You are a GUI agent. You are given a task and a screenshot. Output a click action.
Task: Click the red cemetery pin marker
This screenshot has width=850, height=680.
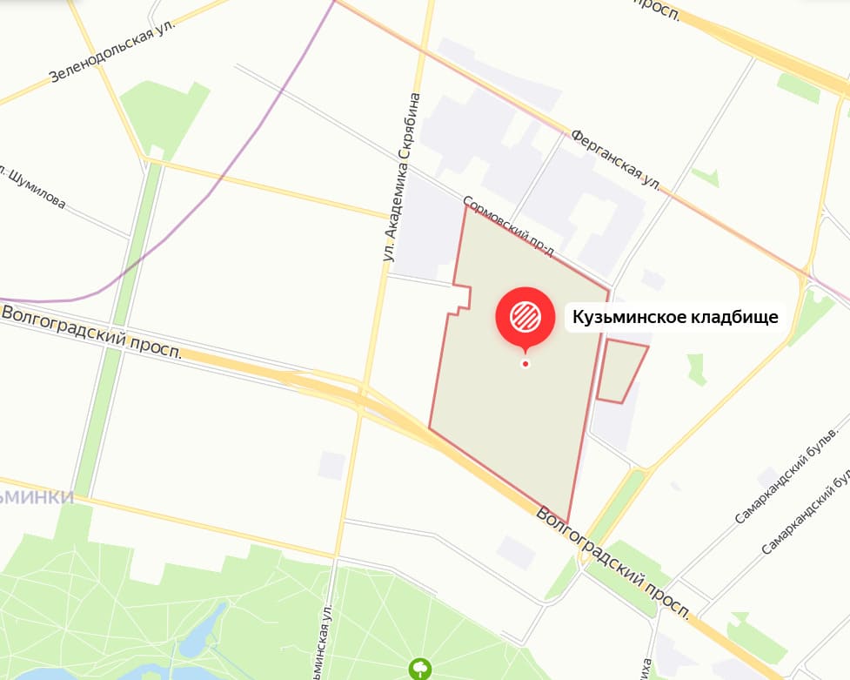tap(525, 315)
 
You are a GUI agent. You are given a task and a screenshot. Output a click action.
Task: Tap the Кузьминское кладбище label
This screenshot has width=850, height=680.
tap(673, 318)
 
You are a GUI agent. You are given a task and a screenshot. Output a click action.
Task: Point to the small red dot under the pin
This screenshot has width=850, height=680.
tap(525, 363)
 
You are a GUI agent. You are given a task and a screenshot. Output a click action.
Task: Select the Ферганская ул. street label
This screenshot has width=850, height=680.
tap(616, 160)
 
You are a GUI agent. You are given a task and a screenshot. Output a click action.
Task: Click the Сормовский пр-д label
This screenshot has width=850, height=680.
tap(509, 226)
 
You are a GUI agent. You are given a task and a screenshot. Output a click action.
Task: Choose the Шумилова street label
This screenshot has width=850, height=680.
tap(35, 189)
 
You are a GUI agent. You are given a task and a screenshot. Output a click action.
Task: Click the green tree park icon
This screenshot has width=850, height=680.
tap(421, 668)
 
